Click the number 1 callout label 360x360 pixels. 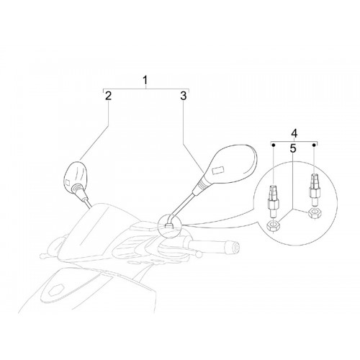click(145, 80)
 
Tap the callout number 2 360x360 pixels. click(108, 96)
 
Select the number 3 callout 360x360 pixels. click(184, 96)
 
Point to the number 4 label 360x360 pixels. click(294, 133)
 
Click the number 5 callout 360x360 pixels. click(293, 148)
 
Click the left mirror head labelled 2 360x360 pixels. click(76, 177)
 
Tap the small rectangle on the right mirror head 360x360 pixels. click(218, 170)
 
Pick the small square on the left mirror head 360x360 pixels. click(68, 183)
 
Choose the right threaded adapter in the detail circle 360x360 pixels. click(315, 189)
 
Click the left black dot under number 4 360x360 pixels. click(273, 145)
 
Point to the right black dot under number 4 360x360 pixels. click(314, 145)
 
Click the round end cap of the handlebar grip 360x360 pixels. click(237, 246)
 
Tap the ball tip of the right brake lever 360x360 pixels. click(199, 254)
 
